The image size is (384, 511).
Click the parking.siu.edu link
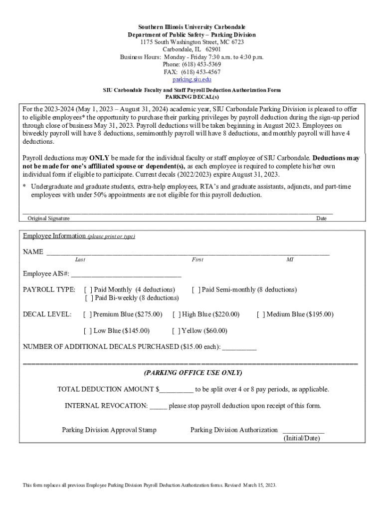tap(192, 79)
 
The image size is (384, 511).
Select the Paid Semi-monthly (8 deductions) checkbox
tap(196, 289)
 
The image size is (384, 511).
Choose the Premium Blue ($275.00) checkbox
tap(87, 314)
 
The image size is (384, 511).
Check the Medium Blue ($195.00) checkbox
tap(261, 314)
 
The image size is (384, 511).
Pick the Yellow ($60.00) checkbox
tap(176, 331)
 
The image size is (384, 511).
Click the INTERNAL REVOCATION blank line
tap(158, 406)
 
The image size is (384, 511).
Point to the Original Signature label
tap(48, 219)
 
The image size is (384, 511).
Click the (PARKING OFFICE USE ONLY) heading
tap(192, 373)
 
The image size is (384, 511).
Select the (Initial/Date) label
tap(302, 438)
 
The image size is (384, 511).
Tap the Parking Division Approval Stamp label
tap(109, 430)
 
